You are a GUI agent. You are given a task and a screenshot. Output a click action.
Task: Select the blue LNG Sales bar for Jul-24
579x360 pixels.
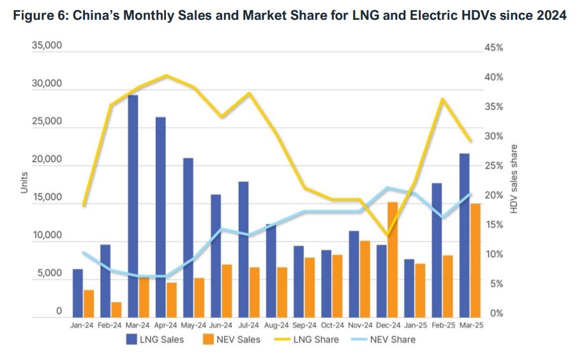243,250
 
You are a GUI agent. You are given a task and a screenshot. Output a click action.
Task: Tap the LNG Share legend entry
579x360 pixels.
307,340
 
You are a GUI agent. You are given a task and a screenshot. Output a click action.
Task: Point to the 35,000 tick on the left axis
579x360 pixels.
47,47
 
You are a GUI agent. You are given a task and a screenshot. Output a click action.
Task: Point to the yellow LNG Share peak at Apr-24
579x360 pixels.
166,75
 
